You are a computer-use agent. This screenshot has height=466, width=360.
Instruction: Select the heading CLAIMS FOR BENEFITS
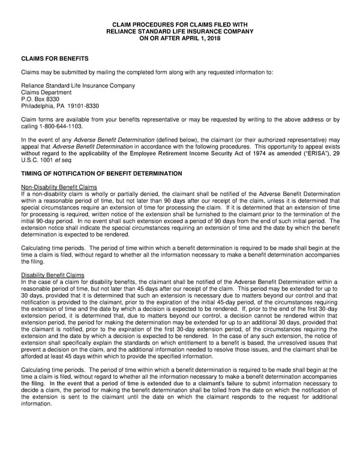click(55, 58)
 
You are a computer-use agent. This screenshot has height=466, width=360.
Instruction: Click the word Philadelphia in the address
click(40, 106)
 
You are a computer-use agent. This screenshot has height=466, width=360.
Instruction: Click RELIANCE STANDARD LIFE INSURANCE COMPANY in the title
click(179, 31)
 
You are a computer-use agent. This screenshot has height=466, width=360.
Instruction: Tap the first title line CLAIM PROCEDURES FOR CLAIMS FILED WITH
click(179, 24)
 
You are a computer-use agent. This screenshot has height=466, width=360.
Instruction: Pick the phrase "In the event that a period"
click(84, 383)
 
